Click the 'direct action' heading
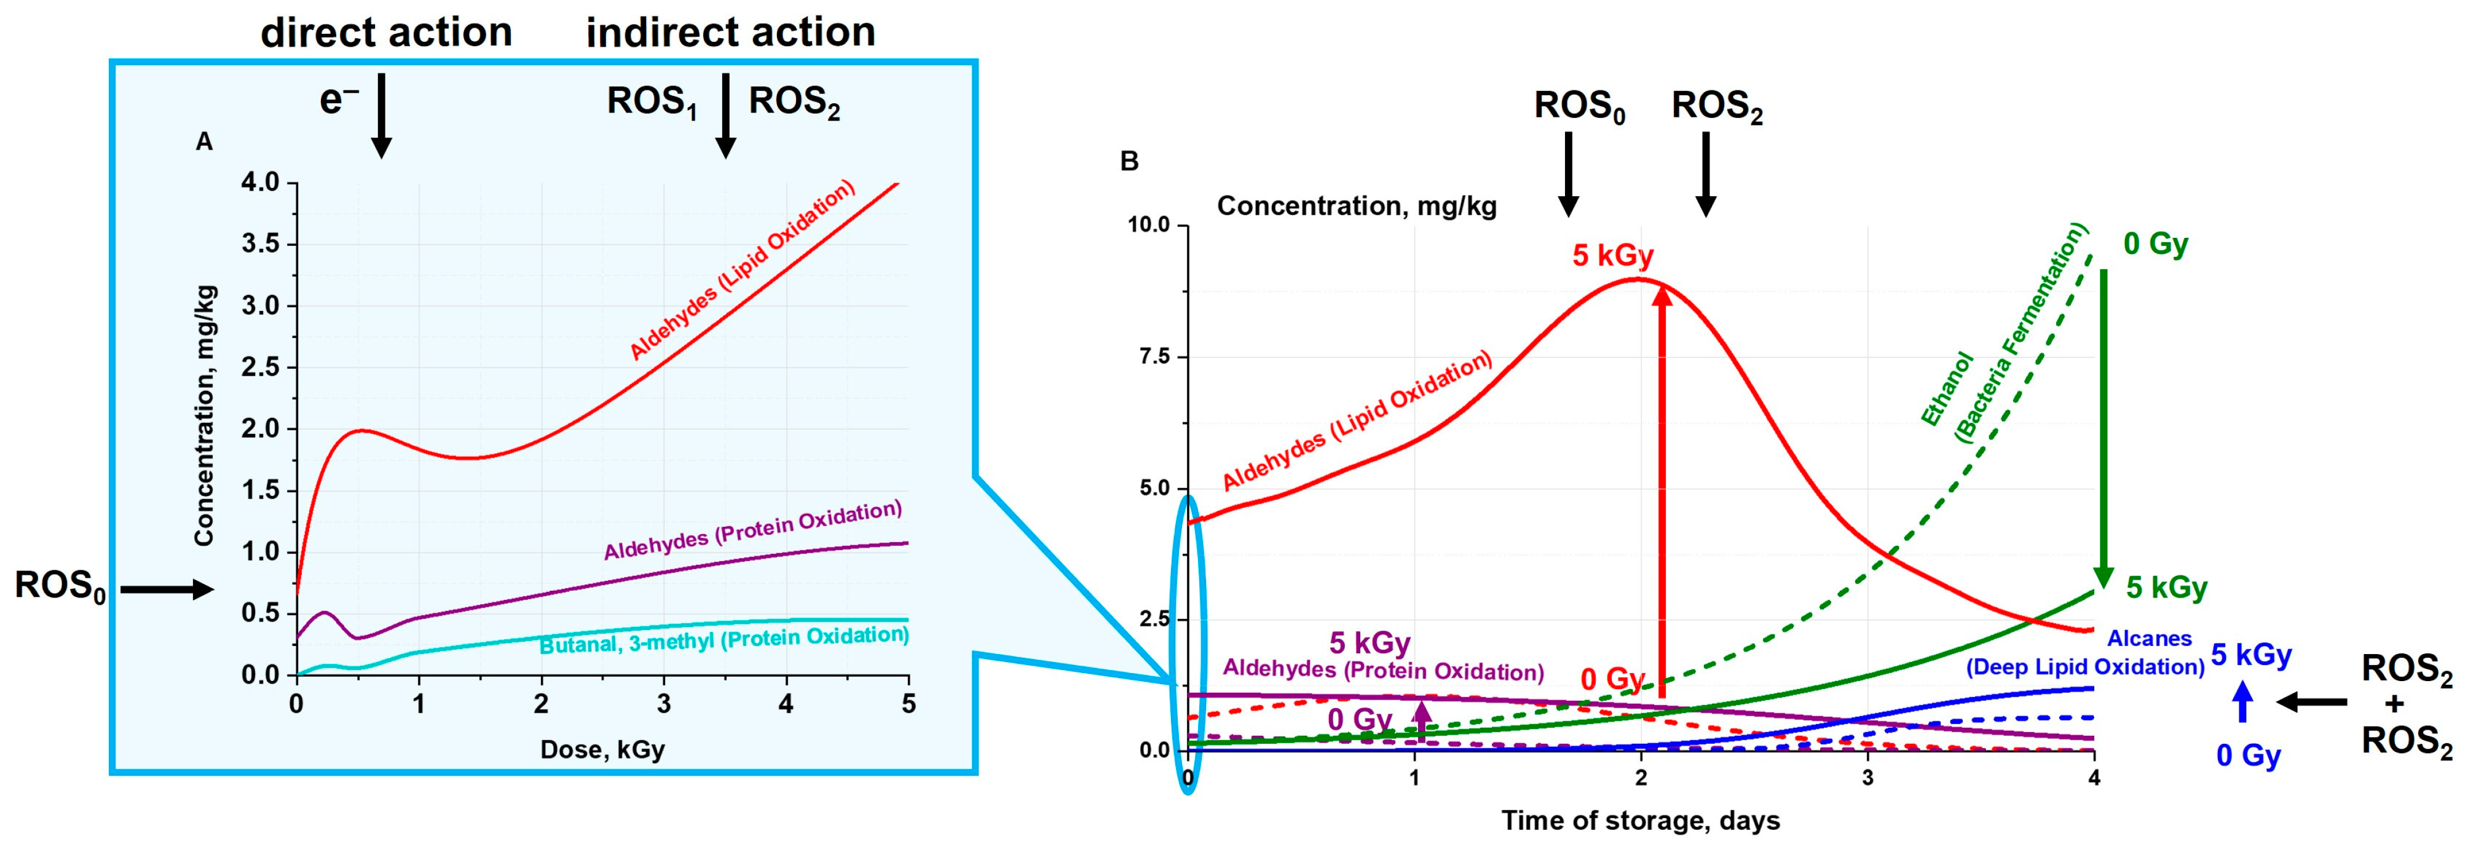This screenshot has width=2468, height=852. tap(386, 33)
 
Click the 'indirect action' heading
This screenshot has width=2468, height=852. tap(730, 33)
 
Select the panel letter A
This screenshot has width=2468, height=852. tap(204, 142)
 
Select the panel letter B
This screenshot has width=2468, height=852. tap(1130, 161)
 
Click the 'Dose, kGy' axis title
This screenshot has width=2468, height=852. tap(602, 749)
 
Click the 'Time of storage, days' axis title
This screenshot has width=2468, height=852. tap(1640, 821)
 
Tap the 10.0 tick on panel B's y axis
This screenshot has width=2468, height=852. tap(1149, 225)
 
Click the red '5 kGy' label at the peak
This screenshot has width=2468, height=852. tap(1612, 256)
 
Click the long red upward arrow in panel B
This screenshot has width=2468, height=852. tap(1662, 489)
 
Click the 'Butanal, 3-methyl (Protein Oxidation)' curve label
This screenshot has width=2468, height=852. tap(723, 640)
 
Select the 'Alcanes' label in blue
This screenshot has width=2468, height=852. tap(2149, 638)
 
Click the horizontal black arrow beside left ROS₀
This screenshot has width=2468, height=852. tap(165, 590)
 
